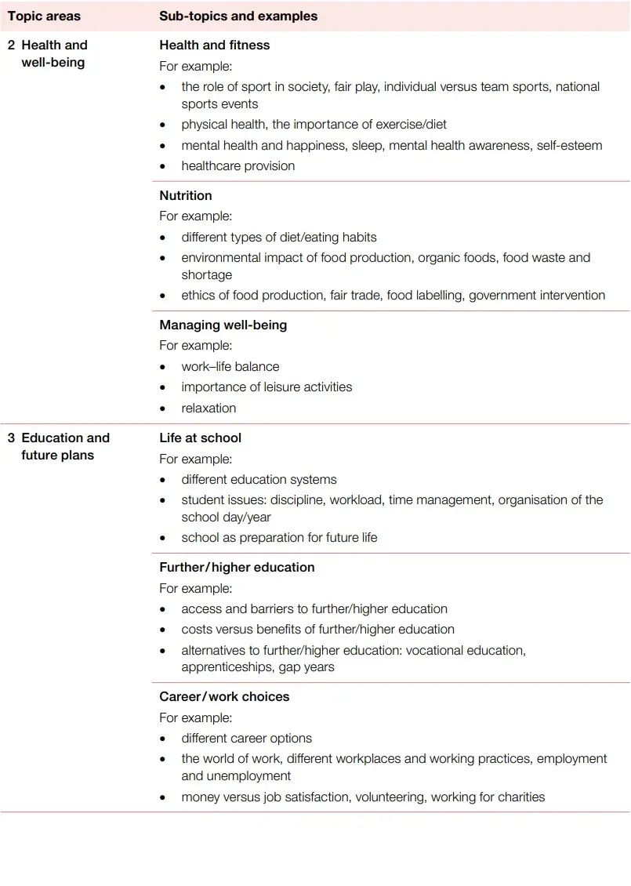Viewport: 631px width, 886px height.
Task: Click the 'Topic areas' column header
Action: pyautogui.click(x=44, y=16)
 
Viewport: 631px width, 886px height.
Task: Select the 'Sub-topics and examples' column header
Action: pyautogui.click(x=238, y=16)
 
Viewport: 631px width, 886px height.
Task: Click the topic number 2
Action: pyautogui.click(x=11, y=45)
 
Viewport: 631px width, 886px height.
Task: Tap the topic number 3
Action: pyautogui.click(x=11, y=438)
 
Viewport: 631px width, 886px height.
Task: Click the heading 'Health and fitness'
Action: pyautogui.click(x=214, y=45)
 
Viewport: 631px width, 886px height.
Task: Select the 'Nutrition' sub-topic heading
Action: pyautogui.click(x=186, y=196)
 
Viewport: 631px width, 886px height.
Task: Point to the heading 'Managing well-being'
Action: pyautogui.click(x=223, y=325)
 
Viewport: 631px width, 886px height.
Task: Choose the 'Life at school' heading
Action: pyautogui.click(x=200, y=438)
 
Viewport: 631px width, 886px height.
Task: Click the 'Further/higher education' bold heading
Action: pyautogui.click(x=237, y=568)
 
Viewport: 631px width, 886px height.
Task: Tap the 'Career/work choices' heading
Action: pyautogui.click(x=224, y=697)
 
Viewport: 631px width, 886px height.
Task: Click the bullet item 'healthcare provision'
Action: pyautogui.click(x=238, y=166)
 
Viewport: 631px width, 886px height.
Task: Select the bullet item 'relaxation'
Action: pyautogui.click(x=209, y=409)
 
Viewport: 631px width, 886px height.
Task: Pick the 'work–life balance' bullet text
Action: pyautogui.click(x=230, y=367)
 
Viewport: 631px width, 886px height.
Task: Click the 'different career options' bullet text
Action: pyautogui.click(x=246, y=739)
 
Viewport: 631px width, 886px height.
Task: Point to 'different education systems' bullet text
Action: pyautogui.click(x=259, y=480)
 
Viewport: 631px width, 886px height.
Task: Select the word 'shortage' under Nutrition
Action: pyautogui.click(x=207, y=275)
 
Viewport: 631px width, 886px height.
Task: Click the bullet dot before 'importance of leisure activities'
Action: pyautogui.click(x=163, y=388)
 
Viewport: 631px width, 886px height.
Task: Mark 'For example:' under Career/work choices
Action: pyautogui.click(x=195, y=718)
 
